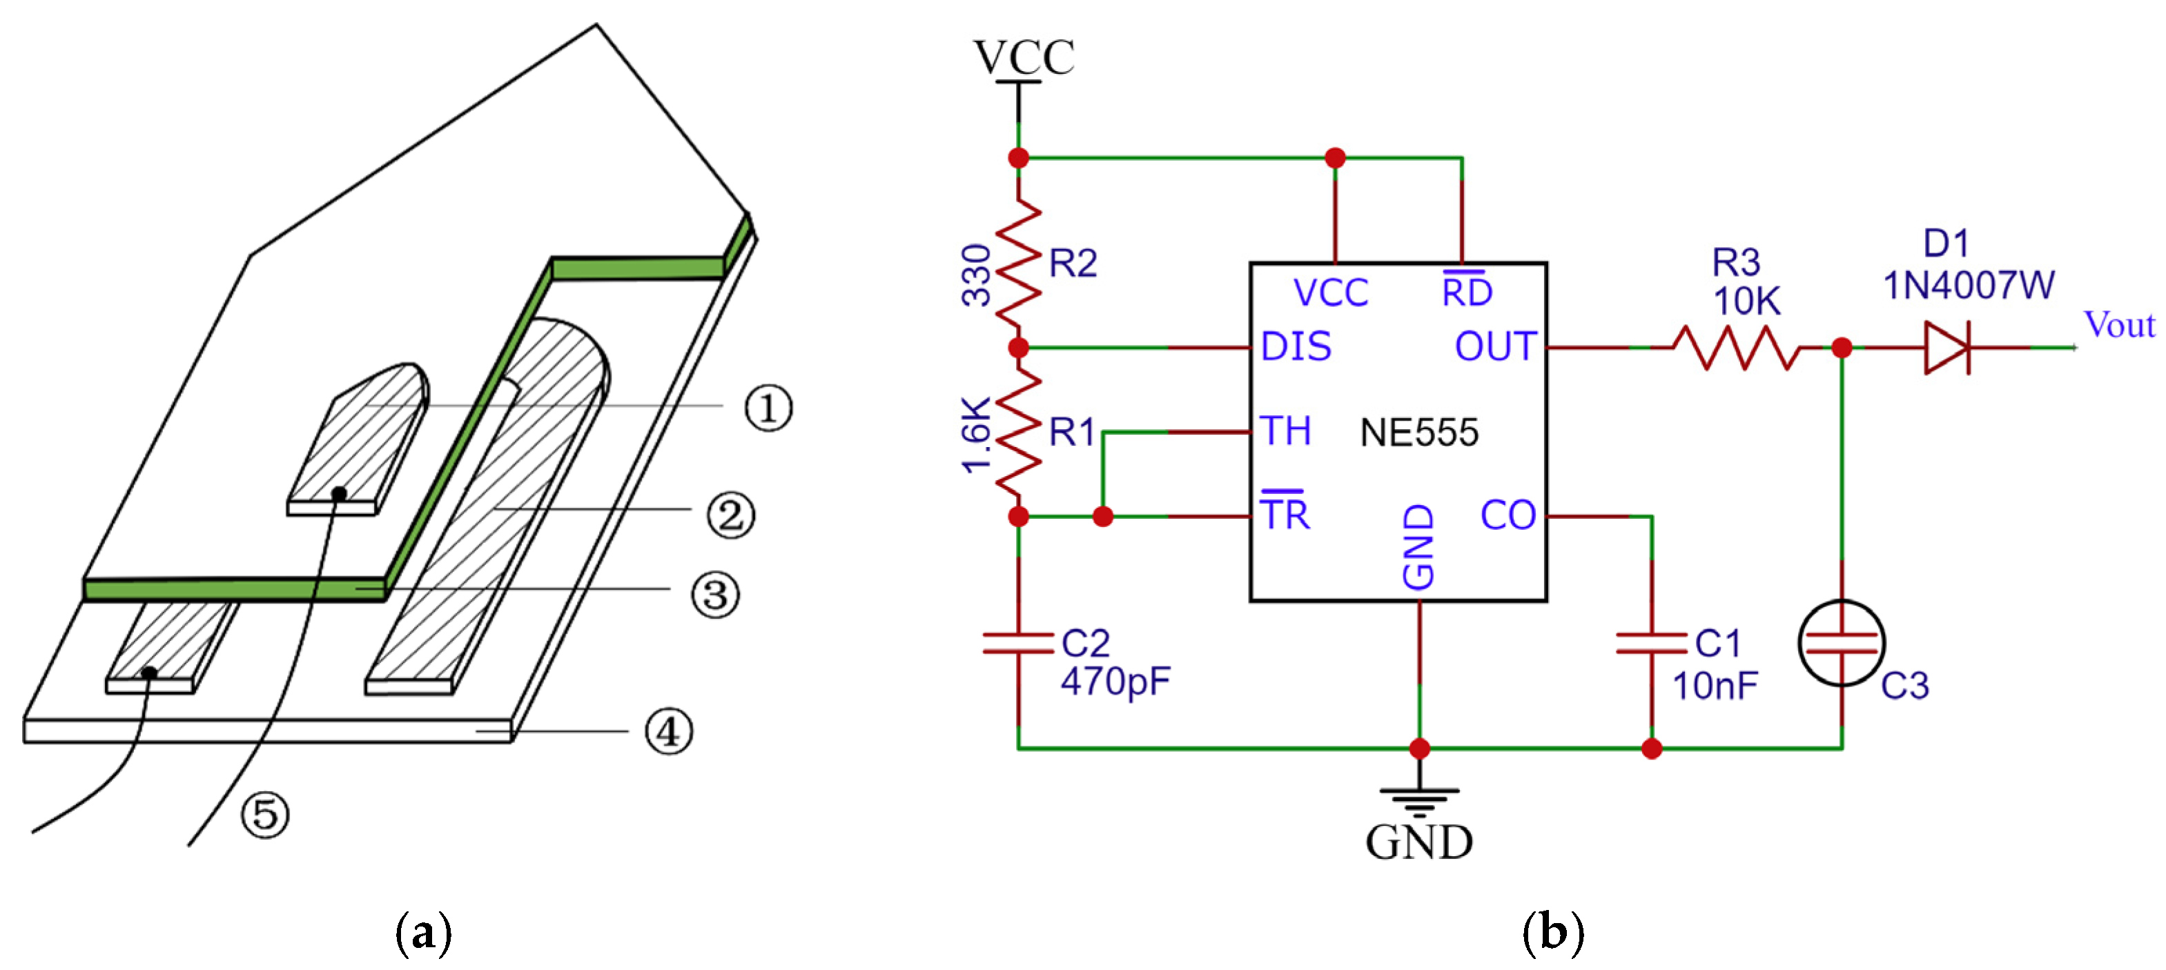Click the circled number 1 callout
tap(768, 408)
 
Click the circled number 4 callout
tap(668, 731)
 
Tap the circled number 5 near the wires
tap(266, 813)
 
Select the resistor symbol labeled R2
tap(1019, 262)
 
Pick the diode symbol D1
tap(1947, 347)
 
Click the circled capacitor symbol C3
tap(1842, 644)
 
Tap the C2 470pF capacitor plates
tap(1018, 644)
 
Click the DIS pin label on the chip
tap(1296, 347)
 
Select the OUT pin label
tap(1496, 347)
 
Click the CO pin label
tap(1508, 516)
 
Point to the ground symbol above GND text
tap(1419, 801)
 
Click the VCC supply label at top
tap(1024, 57)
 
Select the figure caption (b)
tap(1552, 932)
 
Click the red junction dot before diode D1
tap(1842, 347)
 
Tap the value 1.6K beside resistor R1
tap(977, 435)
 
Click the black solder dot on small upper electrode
tap(339, 494)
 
